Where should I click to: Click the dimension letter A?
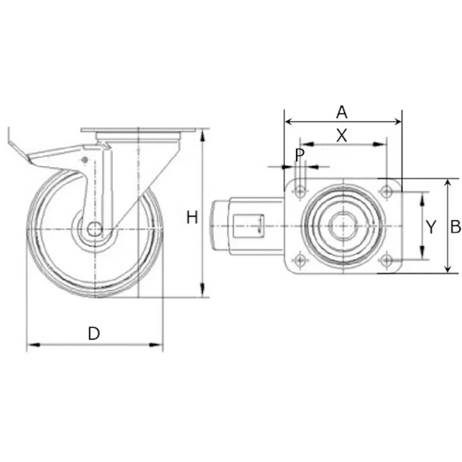[x=341, y=112]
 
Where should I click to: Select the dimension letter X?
[x=341, y=135]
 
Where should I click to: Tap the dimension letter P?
[x=299, y=156]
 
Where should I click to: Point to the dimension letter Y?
[x=431, y=227]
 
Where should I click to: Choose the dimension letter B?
[x=456, y=227]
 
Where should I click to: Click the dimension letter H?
[x=192, y=218]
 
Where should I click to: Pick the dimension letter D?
[x=94, y=334]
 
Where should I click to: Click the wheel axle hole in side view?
[x=95, y=229]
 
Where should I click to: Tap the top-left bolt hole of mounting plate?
[x=300, y=192]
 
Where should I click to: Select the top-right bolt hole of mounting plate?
[x=386, y=192]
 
